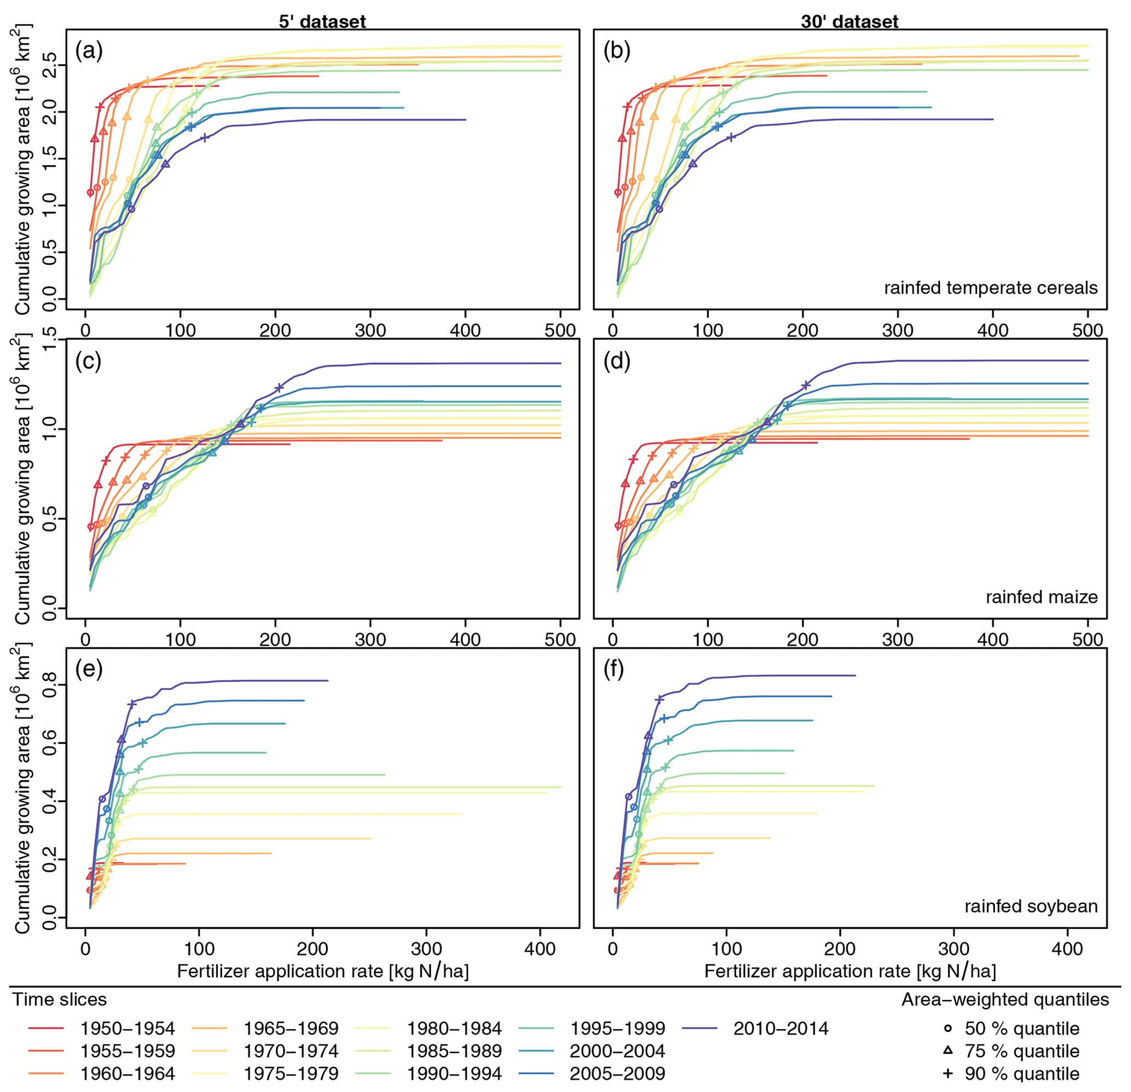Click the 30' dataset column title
849,22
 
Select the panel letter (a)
89,51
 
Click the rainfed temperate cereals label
990,288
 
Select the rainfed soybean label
1031,906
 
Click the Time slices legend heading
60,999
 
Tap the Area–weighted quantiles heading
1005,999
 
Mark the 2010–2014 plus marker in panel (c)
279,388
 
